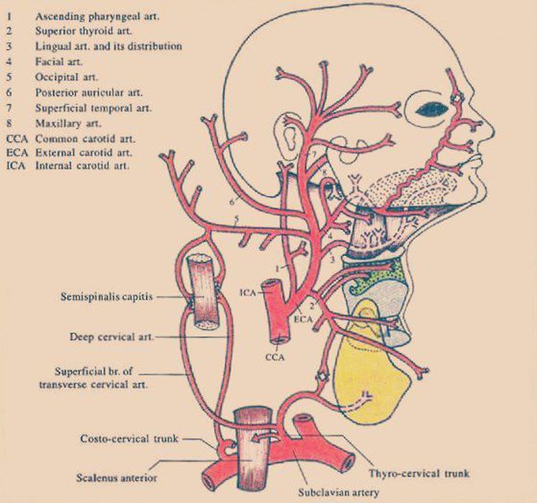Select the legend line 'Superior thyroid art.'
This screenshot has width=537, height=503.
tap(82, 31)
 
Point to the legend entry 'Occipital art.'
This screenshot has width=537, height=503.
tap(66, 77)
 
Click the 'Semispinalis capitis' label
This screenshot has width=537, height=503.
tap(107, 298)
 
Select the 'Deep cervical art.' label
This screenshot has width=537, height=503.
tap(111, 336)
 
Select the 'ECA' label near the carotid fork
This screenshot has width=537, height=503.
tap(304, 320)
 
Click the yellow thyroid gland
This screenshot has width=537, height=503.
tap(371, 379)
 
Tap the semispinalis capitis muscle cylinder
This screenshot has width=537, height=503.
tap(202, 292)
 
